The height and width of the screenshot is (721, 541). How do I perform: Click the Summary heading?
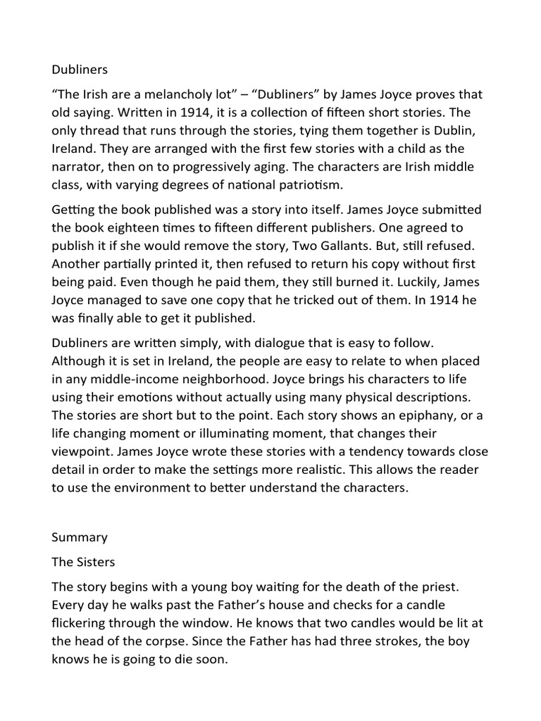coord(80,537)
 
